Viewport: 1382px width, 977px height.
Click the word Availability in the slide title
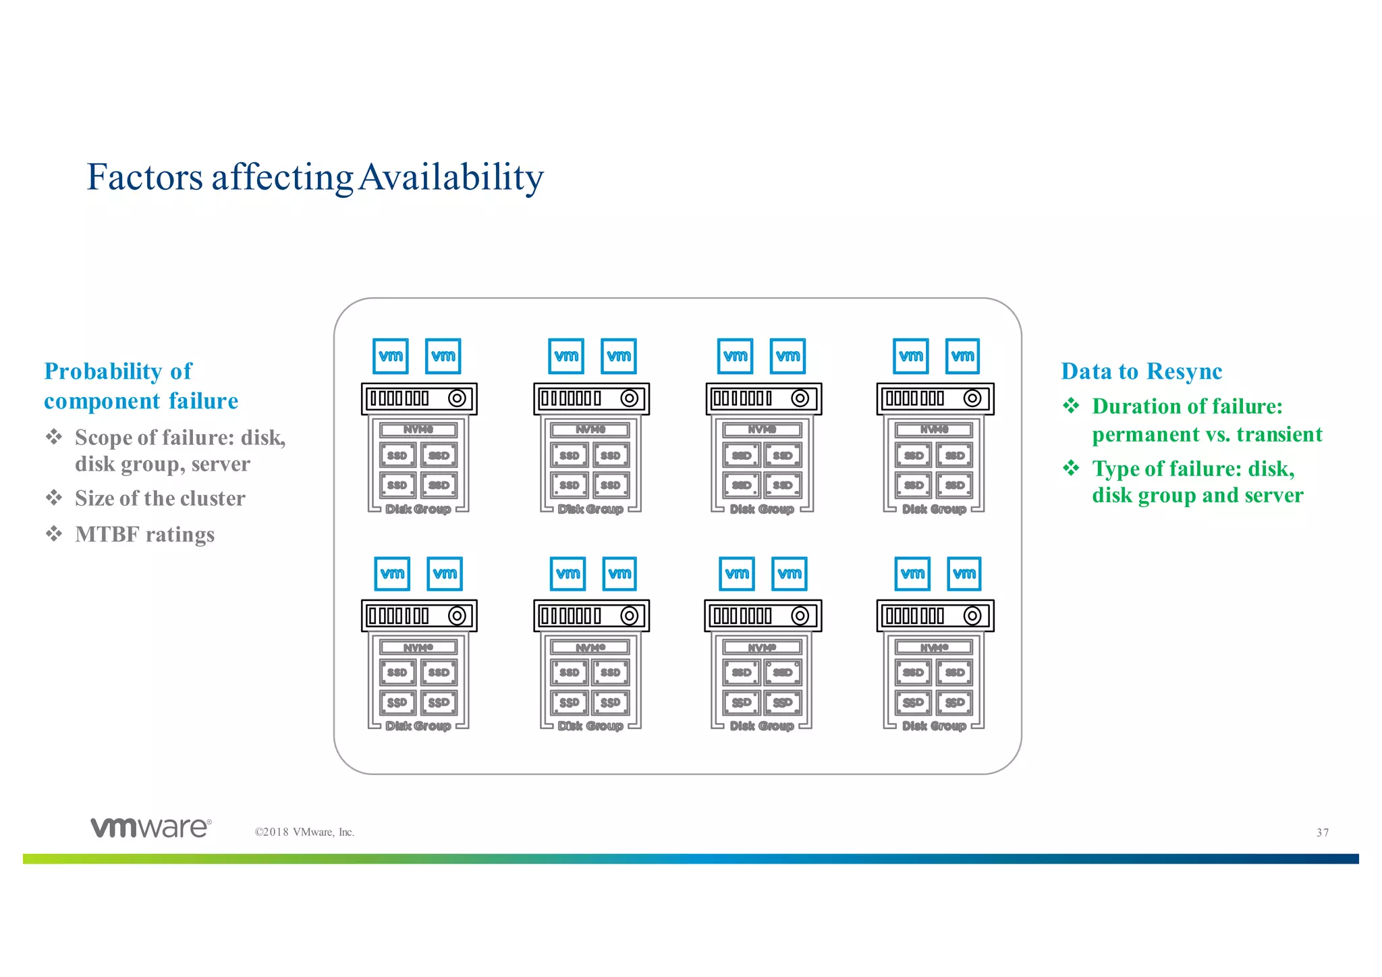(451, 178)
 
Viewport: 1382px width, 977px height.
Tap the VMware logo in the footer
(151, 828)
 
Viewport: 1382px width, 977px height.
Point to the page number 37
(1323, 833)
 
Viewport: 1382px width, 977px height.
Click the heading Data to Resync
(1141, 371)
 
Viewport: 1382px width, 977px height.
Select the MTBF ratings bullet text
(144, 535)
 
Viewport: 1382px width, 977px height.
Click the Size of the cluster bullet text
(160, 498)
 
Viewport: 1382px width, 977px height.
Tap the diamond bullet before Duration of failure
(1071, 406)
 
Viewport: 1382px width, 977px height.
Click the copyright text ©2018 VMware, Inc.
(304, 832)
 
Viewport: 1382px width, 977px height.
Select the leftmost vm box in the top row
(391, 356)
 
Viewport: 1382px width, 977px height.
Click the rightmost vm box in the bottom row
(964, 573)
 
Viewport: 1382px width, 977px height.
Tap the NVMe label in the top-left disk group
(418, 429)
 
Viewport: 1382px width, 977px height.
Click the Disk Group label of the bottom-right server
(934, 726)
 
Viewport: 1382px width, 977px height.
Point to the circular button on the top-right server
(972, 398)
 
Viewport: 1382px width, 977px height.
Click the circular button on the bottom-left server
(457, 616)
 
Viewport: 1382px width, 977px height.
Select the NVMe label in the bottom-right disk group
(934, 648)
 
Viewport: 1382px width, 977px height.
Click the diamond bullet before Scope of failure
(54, 437)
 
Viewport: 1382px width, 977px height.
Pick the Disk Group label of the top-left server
(418, 509)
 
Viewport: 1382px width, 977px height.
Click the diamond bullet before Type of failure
(1071, 468)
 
